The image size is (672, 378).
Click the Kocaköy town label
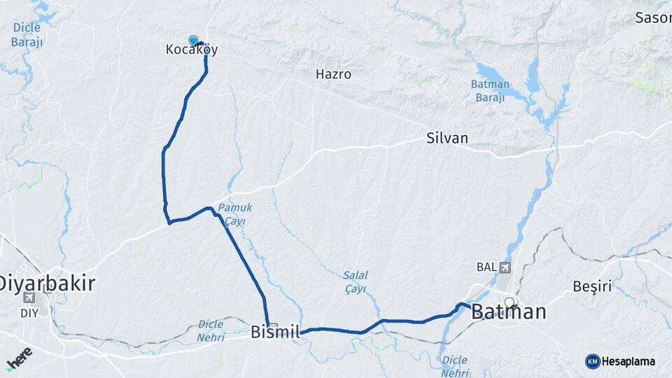click(x=192, y=50)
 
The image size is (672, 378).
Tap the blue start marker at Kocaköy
click(x=193, y=41)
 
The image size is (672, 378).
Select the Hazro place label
click(x=333, y=73)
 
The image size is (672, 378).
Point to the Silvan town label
click(x=447, y=138)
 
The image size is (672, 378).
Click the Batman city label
click(x=509, y=311)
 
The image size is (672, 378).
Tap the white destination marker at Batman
click(x=510, y=303)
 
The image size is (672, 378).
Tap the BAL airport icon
click(x=505, y=267)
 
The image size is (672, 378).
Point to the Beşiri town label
click(x=592, y=286)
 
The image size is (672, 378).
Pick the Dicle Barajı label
click(x=27, y=34)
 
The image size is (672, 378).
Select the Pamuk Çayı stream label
click(x=234, y=214)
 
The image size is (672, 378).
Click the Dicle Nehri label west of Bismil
click(x=211, y=331)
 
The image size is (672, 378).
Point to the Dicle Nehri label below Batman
click(x=454, y=366)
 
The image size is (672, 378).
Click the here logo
click(x=19, y=357)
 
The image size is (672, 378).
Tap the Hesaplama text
click(x=629, y=361)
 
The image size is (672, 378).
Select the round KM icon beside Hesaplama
click(x=592, y=361)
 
